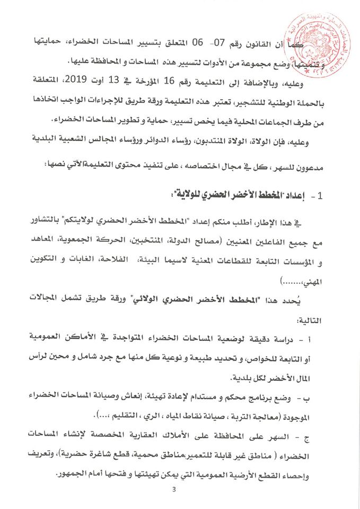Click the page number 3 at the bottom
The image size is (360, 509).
(x=181, y=496)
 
